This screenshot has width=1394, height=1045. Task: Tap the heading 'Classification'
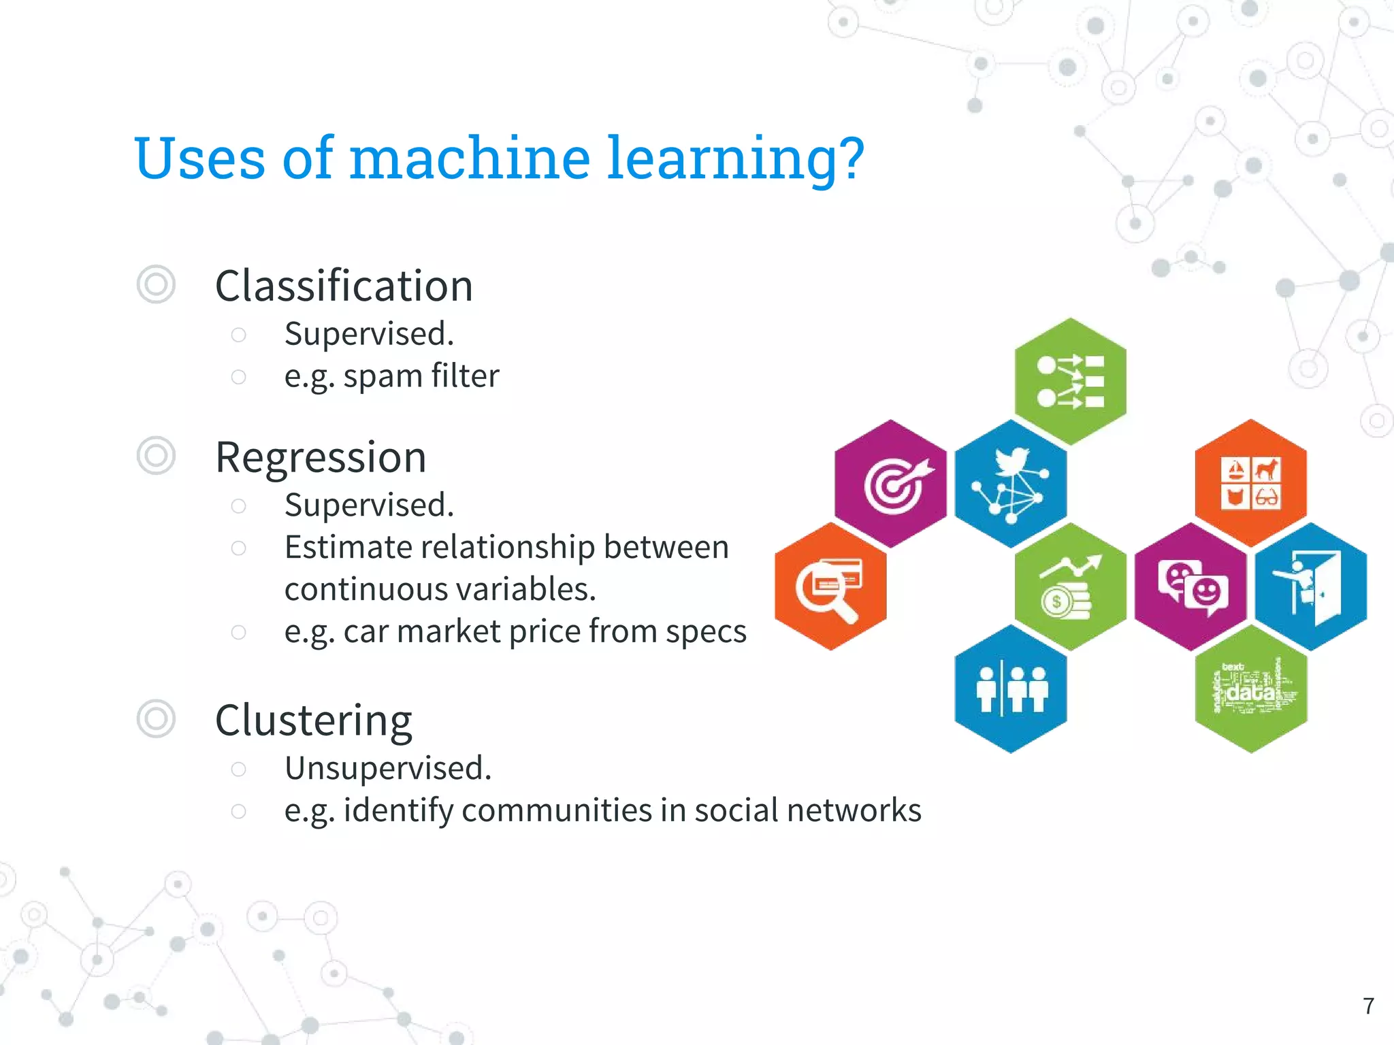click(344, 286)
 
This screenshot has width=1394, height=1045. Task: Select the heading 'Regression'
click(321, 457)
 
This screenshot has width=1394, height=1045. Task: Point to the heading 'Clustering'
click(313, 720)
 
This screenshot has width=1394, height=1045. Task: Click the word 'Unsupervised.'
click(388, 769)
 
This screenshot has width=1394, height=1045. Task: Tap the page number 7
click(1368, 1006)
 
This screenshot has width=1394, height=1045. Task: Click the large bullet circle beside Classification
click(156, 284)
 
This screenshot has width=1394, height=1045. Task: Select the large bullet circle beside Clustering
click(156, 718)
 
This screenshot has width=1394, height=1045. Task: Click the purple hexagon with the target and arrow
click(890, 484)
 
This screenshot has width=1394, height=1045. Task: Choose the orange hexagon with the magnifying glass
click(830, 586)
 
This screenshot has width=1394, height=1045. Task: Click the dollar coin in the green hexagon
click(1057, 601)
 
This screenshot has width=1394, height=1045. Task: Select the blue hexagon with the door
click(1311, 586)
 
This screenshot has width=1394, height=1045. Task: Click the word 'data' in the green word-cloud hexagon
click(1250, 693)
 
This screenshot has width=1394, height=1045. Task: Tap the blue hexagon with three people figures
click(1011, 689)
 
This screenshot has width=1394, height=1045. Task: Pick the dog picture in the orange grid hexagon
click(1266, 470)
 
